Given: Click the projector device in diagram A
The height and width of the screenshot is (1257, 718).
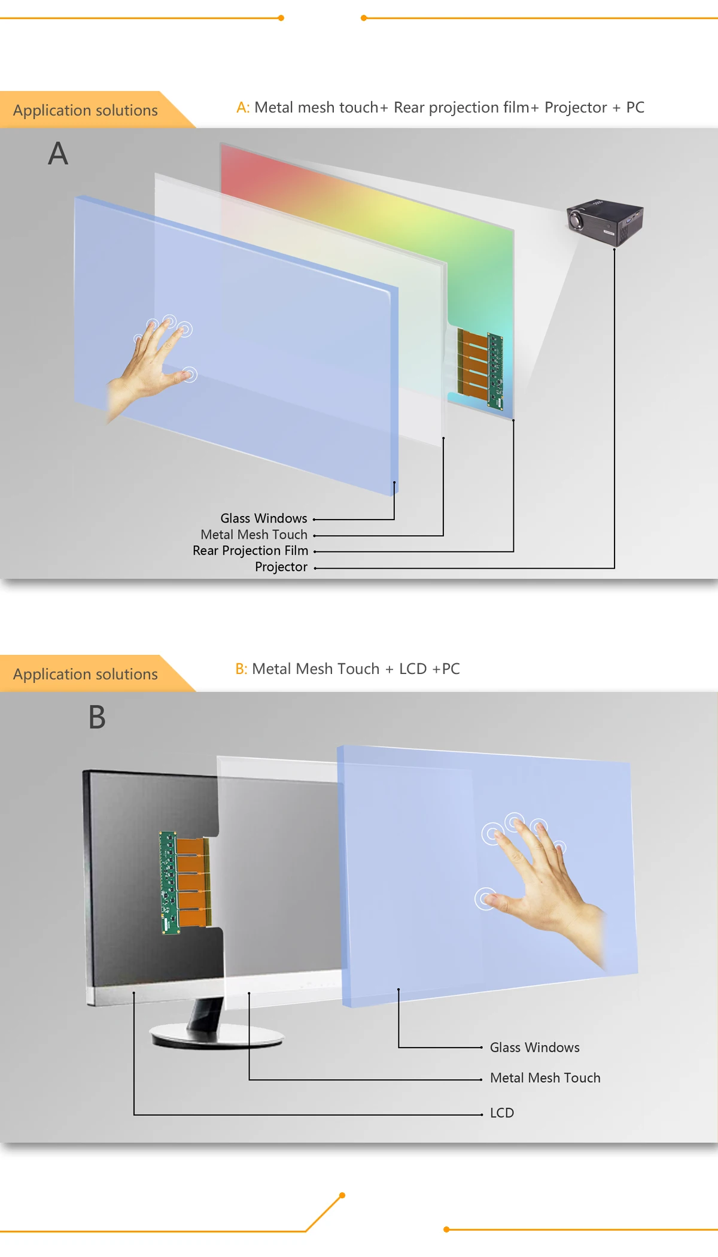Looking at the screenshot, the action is (605, 222).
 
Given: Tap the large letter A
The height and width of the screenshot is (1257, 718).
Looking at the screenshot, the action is (58, 153).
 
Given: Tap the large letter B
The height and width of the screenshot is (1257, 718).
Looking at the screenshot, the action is (97, 717).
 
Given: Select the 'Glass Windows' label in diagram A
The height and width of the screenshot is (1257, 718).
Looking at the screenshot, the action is (264, 518).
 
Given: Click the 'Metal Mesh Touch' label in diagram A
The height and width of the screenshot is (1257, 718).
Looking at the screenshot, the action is (254, 535).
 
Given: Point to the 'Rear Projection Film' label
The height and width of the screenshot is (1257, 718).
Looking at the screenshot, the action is (251, 551).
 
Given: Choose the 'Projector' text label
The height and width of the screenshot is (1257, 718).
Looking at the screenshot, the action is (281, 567).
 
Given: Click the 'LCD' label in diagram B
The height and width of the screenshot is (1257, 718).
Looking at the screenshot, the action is (502, 1113).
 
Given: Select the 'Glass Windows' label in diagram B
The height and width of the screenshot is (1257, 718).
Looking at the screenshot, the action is (535, 1047).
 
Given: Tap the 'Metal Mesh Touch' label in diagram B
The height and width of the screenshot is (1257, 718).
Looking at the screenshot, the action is (545, 1078).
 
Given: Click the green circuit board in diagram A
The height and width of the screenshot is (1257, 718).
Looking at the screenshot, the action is (495, 371).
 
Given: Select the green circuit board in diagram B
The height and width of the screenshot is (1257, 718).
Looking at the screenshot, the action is (169, 882).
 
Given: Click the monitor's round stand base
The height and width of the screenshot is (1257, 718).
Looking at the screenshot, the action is (217, 1036).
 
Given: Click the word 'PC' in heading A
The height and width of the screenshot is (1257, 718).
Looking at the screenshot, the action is (635, 108).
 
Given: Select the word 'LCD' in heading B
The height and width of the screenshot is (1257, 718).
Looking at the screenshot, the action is (413, 669).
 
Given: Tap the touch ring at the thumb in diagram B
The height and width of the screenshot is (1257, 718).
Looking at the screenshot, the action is (485, 898).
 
